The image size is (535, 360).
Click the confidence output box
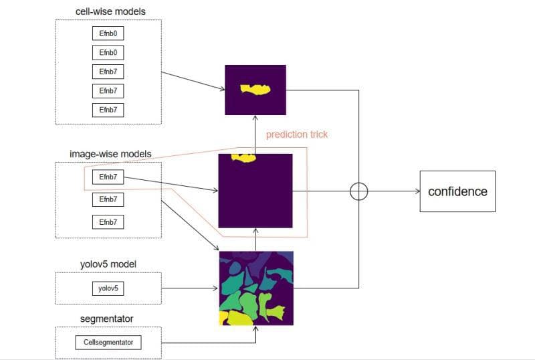pos(457,191)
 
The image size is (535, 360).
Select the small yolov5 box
pos(108,289)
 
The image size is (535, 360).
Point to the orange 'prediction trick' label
pos(297,134)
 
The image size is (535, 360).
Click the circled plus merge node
pos(359,191)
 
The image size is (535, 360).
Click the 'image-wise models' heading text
pos(110,154)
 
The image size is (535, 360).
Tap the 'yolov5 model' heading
pos(108,264)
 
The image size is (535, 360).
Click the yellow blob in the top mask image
pos(255,88)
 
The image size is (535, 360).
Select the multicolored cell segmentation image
pos(256,288)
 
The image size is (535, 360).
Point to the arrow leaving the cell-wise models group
pos(193,80)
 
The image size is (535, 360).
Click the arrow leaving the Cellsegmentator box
pos(201,343)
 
